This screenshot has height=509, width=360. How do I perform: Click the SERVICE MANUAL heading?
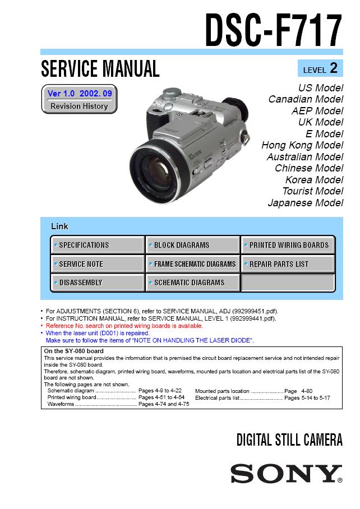click(100, 69)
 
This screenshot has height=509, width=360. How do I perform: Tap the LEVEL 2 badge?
click(320, 69)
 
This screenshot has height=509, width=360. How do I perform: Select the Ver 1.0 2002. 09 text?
click(79, 93)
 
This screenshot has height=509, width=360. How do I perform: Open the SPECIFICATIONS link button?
click(98, 245)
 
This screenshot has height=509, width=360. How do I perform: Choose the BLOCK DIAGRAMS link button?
click(192, 245)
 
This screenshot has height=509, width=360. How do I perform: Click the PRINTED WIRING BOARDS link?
click(288, 245)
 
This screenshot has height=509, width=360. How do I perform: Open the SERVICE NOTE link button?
click(98, 264)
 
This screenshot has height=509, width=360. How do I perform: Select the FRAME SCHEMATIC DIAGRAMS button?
click(192, 264)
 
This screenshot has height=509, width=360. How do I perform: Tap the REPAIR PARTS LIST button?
click(288, 264)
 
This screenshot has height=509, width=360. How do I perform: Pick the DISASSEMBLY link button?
click(98, 283)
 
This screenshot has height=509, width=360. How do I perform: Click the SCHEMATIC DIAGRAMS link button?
click(192, 283)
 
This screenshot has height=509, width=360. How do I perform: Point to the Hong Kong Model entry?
click(302, 145)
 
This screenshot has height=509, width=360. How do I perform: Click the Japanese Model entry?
click(306, 203)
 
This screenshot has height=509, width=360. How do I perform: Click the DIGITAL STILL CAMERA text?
click(289, 440)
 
